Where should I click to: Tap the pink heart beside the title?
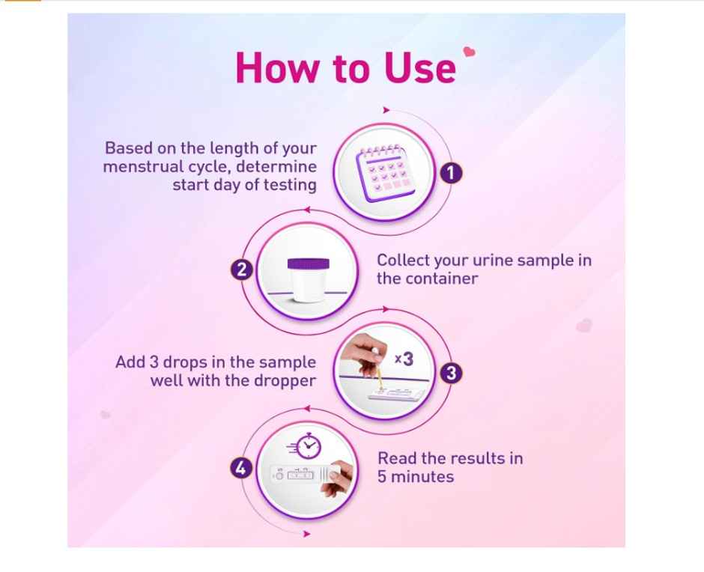(470, 52)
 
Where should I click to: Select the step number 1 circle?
(450, 174)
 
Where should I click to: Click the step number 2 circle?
(241, 270)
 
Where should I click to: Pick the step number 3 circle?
(449, 373)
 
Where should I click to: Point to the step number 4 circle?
(240, 469)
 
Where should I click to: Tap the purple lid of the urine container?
(309, 264)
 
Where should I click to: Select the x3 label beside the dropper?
(404, 359)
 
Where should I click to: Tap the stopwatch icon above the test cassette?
(308, 447)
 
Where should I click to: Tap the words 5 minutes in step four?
(416, 476)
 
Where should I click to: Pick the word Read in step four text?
(395, 457)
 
